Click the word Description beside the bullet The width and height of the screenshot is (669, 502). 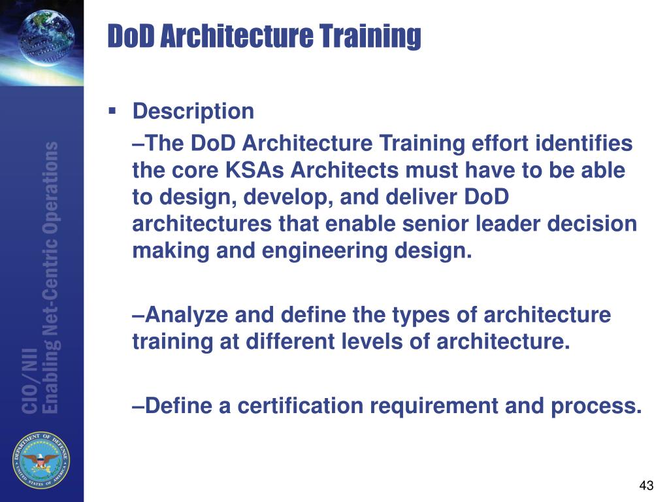193,111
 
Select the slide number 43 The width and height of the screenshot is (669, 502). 646,486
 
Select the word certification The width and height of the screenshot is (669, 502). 301,406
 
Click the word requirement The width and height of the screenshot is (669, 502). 434,406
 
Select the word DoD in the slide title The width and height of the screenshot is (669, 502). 129,36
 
